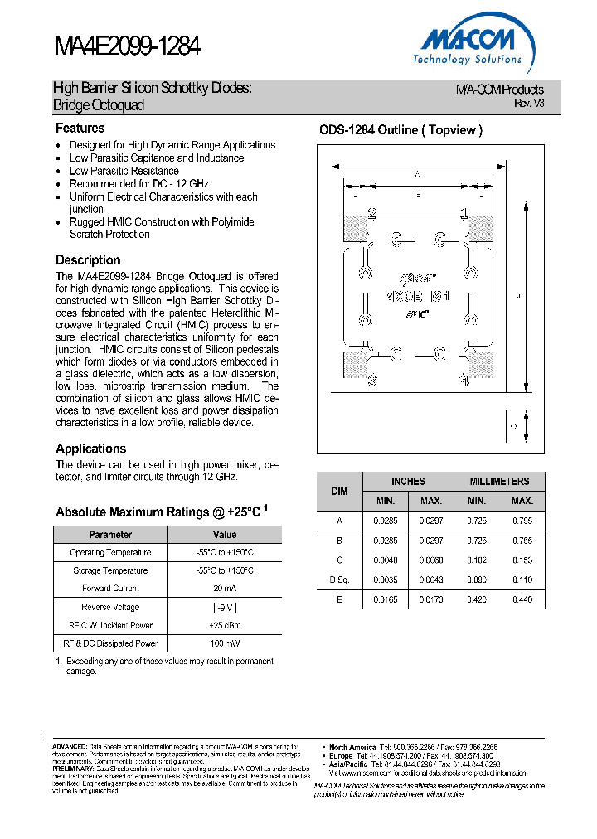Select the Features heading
pos(80,129)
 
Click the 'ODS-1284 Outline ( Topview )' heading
pos(400,130)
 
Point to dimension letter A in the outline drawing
pos(417,174)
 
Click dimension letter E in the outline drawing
pos(418,194)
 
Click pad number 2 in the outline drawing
pos(372,214)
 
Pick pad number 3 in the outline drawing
pos(372,381)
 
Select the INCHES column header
pos(408,482)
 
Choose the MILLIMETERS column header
pos(499,482)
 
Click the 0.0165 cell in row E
pos(386,599)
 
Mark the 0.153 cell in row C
pos(522,560)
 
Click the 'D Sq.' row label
pos(339,579)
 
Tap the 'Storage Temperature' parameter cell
pos(109,570)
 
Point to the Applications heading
pos(90,449)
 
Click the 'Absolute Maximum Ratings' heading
pos(158,512)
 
